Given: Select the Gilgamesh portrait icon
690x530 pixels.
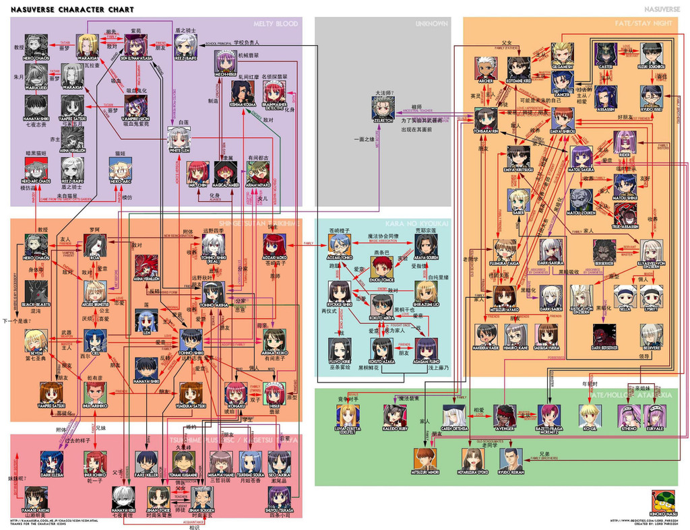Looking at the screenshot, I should click(562, 53).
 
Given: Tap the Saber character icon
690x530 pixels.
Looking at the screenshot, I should click(518, 200).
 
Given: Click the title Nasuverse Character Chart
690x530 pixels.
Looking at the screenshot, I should click(71, 10).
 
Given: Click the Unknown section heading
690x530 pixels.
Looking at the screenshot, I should click(431, 24).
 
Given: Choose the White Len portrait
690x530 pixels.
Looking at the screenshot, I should click(179, 137).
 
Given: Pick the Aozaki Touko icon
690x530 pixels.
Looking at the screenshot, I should click(340, 243).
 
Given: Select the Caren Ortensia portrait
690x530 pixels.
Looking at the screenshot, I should click(453, 415).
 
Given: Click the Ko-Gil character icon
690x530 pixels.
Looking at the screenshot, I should click(590, 415).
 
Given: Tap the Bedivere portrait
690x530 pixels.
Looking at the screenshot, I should click(651, 335).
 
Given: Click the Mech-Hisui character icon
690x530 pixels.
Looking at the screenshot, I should click(225, 62).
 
